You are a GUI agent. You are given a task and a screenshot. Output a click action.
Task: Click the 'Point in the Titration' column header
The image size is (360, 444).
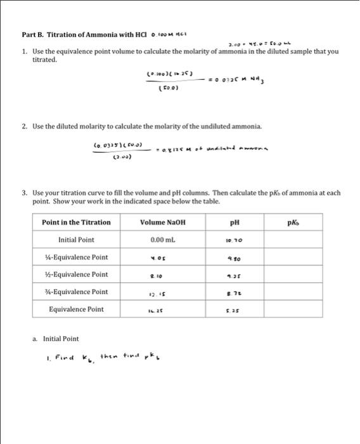pyautogui.click(x=76, y=223)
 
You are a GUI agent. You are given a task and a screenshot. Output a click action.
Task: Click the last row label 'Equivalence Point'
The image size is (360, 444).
pyautogui.click(x=76, y=310)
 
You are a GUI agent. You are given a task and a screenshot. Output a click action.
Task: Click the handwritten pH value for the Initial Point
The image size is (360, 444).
pyautogui.click(x=247, y=241)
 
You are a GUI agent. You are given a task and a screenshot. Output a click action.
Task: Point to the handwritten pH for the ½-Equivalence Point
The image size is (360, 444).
pyautogui.click(x=247, y=276)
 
